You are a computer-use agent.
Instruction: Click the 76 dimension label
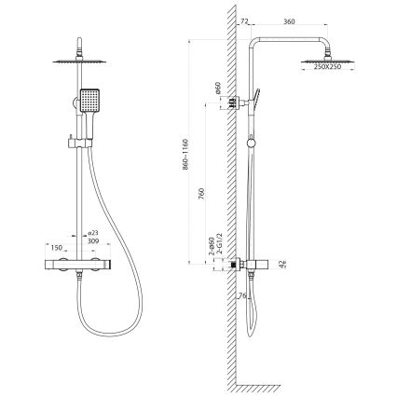click(x=244, y=297)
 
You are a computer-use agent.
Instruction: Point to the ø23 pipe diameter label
click(x=92, y=234)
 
